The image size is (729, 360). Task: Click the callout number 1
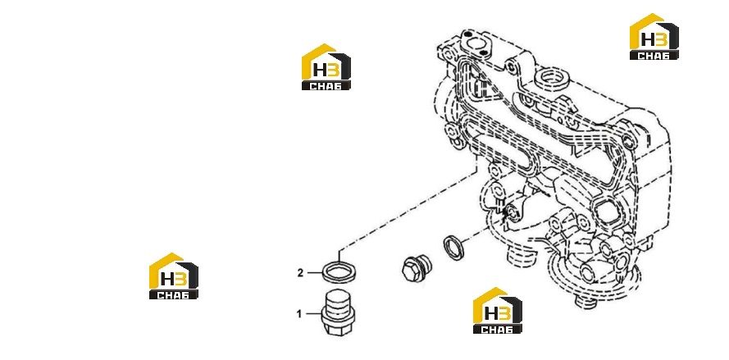pyautogui.click(x=299, y=314)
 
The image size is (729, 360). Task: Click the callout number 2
pyautogui.click(x=300, y=273)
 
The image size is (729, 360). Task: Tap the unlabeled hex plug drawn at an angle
pyautogui.click(x=416, y=268)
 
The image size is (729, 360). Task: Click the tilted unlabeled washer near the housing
pyautogui.click(x=453, y=247)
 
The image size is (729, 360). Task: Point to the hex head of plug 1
pyautogui.click(x=335, y=326)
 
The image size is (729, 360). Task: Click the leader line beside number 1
pyautogui.click(x=313, y=314)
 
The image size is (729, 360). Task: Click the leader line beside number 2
pyautogui.click(x=314, y=273)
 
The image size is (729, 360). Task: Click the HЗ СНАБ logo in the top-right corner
pyautogui.click(x=654, y=37)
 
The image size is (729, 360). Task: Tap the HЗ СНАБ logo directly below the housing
pyautogui.click(x=498, y=310)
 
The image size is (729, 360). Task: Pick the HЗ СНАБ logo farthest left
pyautogui.click(x=173, y=276)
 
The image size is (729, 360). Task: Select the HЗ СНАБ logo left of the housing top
pyautogui.click(x=326, y=67)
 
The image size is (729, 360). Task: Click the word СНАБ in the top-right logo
pyautogui.click(x=654, y=56)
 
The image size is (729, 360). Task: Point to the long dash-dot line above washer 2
pyautogui.click(x=408, y=210)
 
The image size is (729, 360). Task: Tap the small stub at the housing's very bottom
pyautogui.click(x=585, y=302)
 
